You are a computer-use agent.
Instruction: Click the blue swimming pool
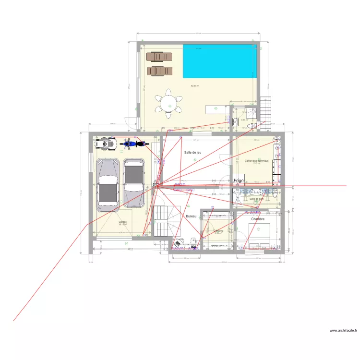pyautogui.click(x=219, y=61)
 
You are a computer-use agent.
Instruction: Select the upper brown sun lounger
pyautogui.click(x=158, y=57)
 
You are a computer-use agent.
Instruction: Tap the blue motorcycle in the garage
pyautogui.click(x=129, y=143)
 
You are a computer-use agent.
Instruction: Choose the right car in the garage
pyautogui.click(x=134, y=182)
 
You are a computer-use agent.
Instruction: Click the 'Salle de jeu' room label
pyautogui.click(x=192, y=152)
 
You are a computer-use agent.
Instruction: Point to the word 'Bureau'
pyautogui.click(x=191, y=216)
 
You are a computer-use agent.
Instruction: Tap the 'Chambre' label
pyautogui.click(x=257, y=219)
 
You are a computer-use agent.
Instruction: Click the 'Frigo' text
pyautogui.click(x=239, y=181)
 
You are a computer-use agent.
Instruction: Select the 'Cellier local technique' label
pyautogui.click(x=257, y=160)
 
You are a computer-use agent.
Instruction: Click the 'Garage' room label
pyautogui.click(x=122, y=222)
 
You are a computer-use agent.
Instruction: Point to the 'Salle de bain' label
pyautogui.click(x=257, y=198)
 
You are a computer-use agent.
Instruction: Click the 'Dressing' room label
pyautogui.click(x=218, y=231)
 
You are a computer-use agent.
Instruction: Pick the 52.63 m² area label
pyautogui.click(x=195, y=86)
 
